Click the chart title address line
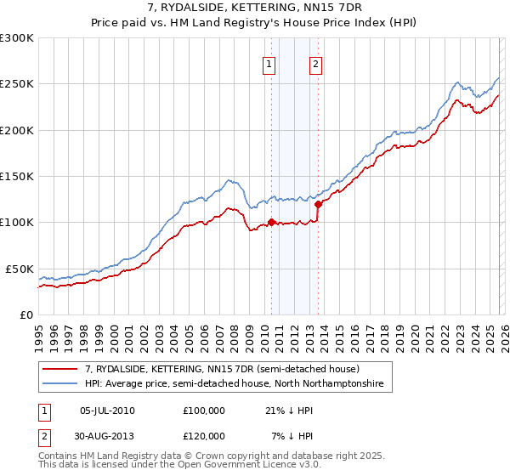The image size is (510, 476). pyautogui.click(x=255, y=8)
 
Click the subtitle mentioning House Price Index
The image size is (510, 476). pyautogui.click(x=255, y=22)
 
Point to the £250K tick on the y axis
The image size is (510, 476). pyautogui.click(x=17, y=84)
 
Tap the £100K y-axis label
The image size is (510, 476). pyautogui.click(x=17, y=222)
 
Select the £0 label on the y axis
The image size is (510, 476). pyautogui.click(x=25, y=314)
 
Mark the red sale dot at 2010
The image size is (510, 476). pyautogui.click(x=271, y=223)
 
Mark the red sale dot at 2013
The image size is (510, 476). pyautogui.click(x=318, y=204)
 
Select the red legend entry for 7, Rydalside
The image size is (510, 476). pyautogui.click(x=222, y=369)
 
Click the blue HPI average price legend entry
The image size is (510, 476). pyautogui.click(x=234, y=384)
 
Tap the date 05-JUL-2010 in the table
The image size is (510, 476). pyautogui.click(x=107, y=411)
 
